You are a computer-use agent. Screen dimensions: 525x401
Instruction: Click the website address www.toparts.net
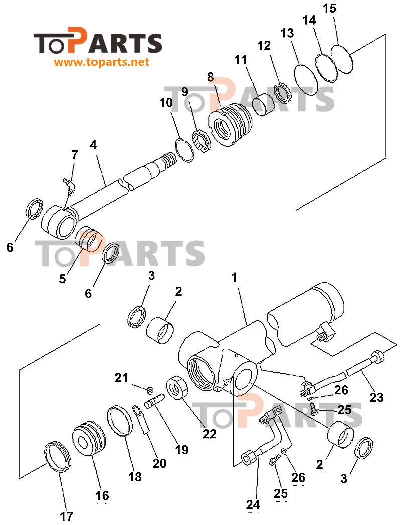(x=101, y=63)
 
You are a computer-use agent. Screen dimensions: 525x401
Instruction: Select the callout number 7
(x=74, y=155)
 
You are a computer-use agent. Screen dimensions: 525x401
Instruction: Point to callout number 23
(x=376, y=397)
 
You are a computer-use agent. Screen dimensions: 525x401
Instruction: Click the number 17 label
(x=66, y=516)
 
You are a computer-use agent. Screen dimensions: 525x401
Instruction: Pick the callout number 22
(x=209, y=434)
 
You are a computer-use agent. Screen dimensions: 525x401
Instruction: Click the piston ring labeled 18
(x=120, y=422)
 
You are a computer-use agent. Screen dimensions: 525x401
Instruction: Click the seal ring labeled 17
(x=56, y=456)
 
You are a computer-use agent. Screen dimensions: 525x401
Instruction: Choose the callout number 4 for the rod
(x=93, y=145)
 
